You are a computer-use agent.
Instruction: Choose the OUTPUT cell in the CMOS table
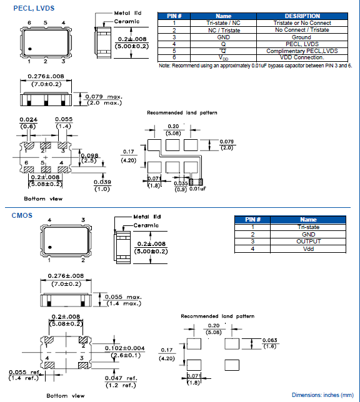pyautogui.click(x=308, y=242)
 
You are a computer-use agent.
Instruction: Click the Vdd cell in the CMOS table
pyautogui.click(x=308, y=248)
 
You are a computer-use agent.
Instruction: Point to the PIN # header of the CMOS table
pyautogui.click(x=253, y=220)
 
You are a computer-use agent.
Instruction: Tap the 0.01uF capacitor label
pyautogui.click(x=198, y=189)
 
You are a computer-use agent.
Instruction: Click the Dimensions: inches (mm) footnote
pyautogui.click(x=321, y=395)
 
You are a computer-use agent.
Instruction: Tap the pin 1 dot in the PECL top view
pyautogui.click(x=29, y=49)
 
